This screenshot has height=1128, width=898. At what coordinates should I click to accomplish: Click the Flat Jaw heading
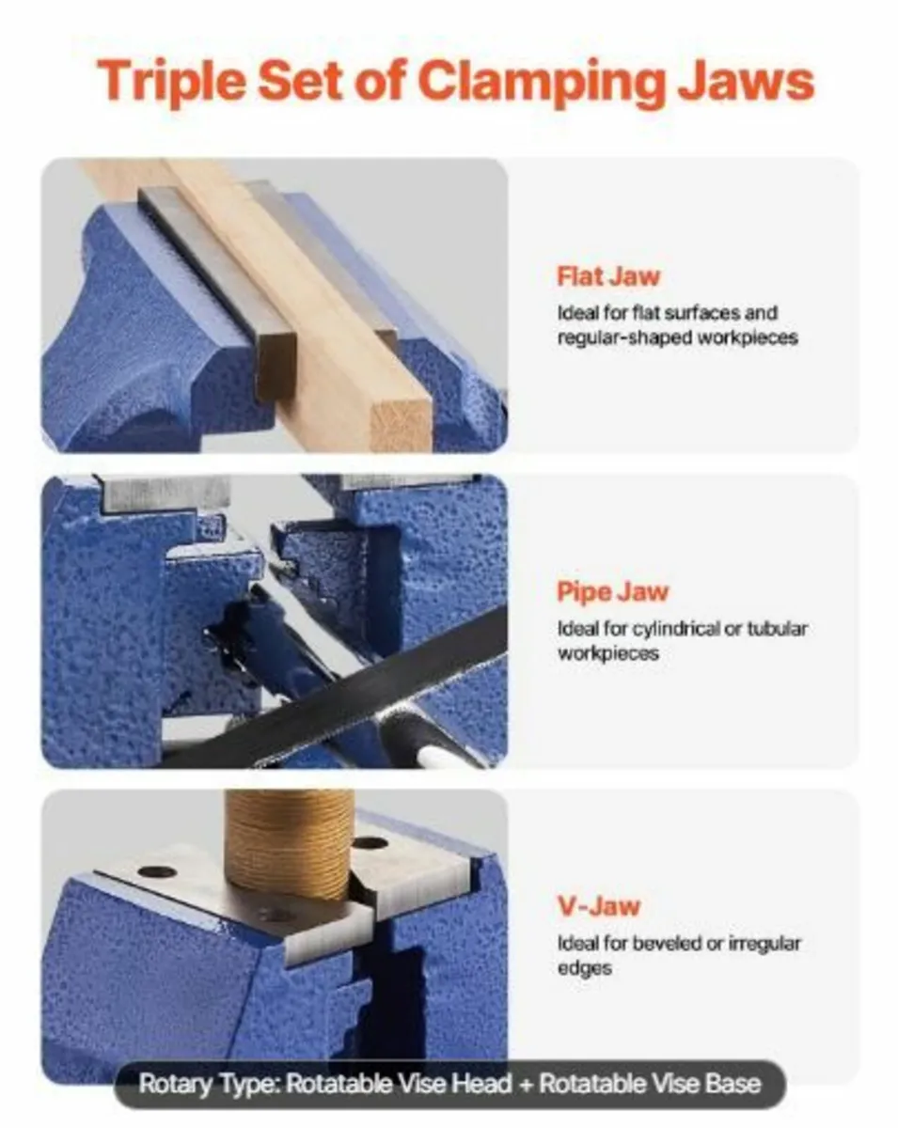click(608, 277)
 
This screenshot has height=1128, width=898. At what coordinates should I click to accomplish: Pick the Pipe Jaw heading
click(612, 592)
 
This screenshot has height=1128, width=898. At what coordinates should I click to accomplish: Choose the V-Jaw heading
click(598, 907)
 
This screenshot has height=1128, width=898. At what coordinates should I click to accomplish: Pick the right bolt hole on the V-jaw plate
click(370, 843)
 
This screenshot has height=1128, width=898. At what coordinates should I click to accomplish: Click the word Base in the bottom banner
click(731, 1084)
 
